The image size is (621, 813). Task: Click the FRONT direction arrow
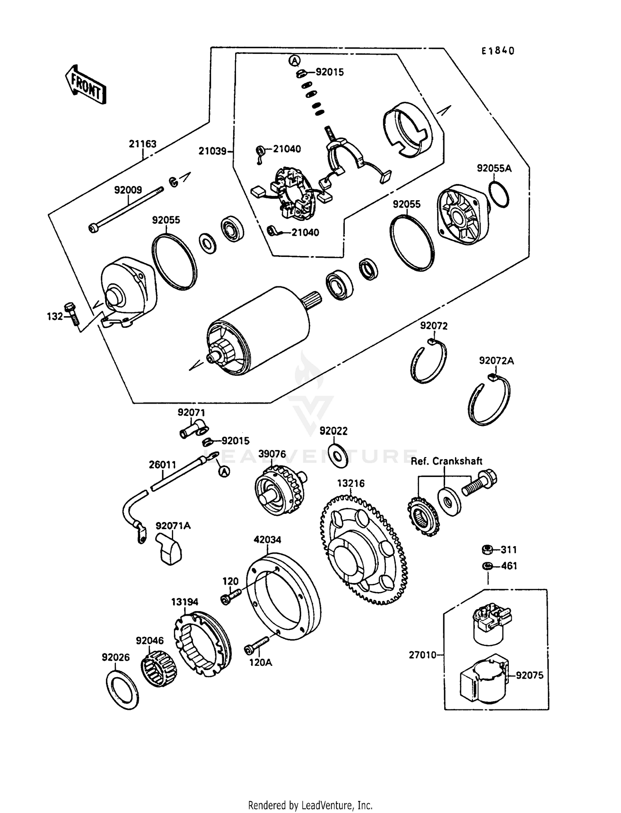pyautogui.click(x=86, y=85)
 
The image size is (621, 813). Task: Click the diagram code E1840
pyautogui.click(x=498, y=51)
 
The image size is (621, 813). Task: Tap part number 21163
pyautogui.click(x=142, y=144)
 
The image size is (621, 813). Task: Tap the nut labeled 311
pyautogui.click(x=487, y=550)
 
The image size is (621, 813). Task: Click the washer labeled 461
pyautogui.click(x=487, y=566)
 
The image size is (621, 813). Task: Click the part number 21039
pyautogui.click(x=212, y=152)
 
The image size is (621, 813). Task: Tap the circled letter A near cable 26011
pyautogui.click(x=224, y=472)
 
